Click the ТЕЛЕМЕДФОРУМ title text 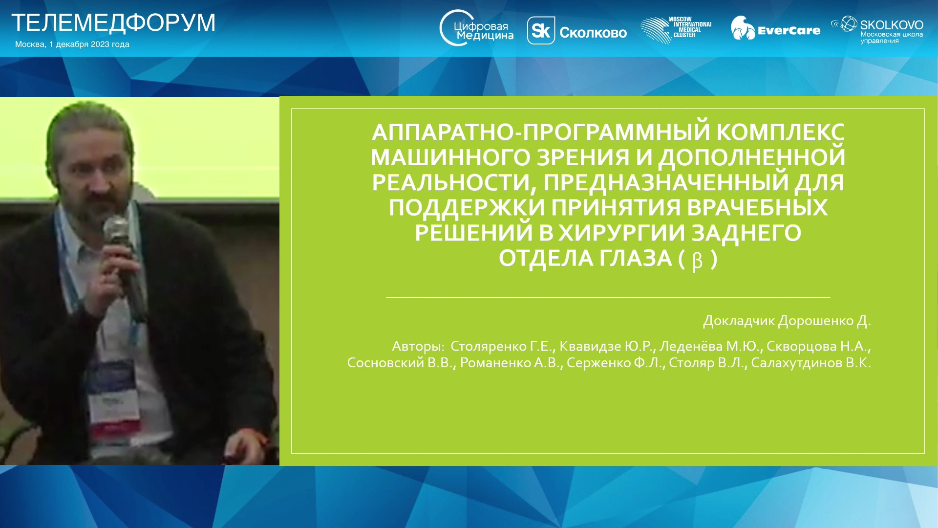pyautogui.click(x=113, y=23)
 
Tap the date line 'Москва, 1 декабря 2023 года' pyautogui.click(x=72, y=44)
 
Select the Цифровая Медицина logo pyautogui.click(x=476, y=28)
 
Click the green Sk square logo pyautogui.click(x=541, y=31)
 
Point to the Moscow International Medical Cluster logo pyautogui.click(x=676, y=30)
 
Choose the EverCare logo pyautogui.click(x=775, y=28)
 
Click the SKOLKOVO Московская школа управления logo pyautogui.click(x=877, y=30)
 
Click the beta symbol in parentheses pyautogui.click(x=698, y=261)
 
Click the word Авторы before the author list pyautogui.click(x=418, y=347)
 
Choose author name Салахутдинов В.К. pyautogui.click(x=811, y=363)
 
